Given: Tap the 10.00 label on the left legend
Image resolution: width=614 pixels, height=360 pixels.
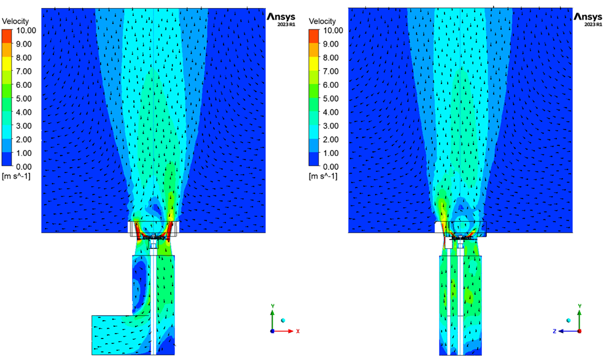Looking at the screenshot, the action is [26, 31].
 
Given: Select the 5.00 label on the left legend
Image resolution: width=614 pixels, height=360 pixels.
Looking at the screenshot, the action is [24, 99].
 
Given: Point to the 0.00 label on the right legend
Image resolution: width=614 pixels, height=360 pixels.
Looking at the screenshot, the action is [331, 167].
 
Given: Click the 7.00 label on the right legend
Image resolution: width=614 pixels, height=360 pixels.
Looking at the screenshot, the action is [331, 71].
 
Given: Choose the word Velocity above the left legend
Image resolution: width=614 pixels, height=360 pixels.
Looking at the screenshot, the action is [15, 21].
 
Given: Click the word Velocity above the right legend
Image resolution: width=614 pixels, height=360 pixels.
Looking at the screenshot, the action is [322, 21].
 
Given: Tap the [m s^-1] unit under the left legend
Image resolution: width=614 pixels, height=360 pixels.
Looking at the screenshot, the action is [16, 176].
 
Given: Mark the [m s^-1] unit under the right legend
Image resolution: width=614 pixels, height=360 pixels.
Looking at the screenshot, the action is [323, 176].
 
